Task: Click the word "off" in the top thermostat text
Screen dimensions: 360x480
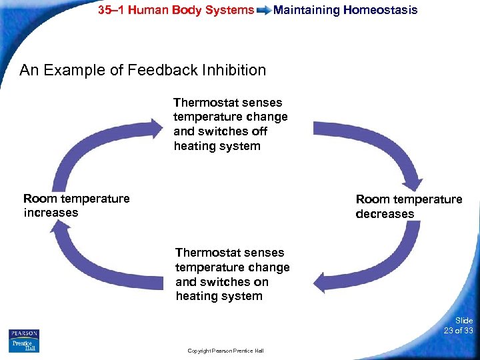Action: coord(259,131)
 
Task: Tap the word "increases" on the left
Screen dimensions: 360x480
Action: coord(51,213)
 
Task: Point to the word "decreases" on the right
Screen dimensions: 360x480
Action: coord(385,214)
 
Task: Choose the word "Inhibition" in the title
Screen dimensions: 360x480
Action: coord(235,70)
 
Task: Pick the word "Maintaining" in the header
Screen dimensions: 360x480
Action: coord(306,10)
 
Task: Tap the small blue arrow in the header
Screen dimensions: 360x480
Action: coord(263,11)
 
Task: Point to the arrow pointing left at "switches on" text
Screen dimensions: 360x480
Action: coord(373,267)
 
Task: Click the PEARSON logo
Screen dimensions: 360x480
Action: coord(24,333)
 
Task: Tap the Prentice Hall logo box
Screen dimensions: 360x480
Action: coord(24,345)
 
